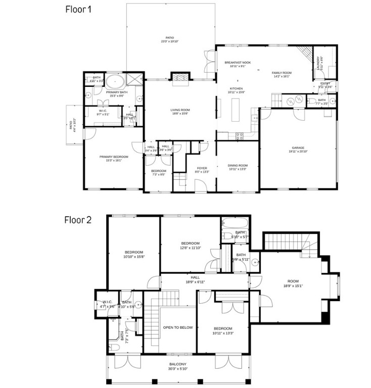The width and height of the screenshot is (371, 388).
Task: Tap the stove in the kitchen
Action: [x=240, y=135]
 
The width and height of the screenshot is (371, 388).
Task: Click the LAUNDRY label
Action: [x=318, y=63]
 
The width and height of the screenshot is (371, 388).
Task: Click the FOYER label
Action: [x=201, y=170]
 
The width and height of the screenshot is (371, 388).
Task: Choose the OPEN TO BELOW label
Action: [x=177, y=327]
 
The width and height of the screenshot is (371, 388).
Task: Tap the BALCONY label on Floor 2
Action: [x=177, y=366]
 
